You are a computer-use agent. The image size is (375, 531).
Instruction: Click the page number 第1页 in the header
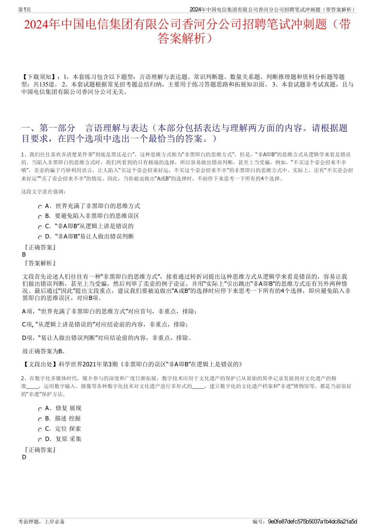point(24,9)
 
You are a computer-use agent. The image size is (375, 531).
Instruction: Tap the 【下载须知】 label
point(38,77)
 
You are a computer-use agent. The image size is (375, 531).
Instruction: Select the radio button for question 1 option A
point(40,207)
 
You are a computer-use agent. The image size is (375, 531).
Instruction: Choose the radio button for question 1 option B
point(40,217)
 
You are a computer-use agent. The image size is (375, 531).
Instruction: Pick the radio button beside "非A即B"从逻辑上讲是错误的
point(40,227)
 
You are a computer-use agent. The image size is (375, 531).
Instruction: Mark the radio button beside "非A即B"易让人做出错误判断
point(40,237)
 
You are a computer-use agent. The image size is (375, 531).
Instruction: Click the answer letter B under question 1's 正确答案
point(24,255)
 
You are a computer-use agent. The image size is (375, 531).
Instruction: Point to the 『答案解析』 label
point(40,263)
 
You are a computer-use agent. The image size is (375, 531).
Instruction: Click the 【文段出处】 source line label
point(40,364)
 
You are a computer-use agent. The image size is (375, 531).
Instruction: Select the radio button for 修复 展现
point(40,409)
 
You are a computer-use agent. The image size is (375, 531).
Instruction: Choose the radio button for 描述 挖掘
point(40,419)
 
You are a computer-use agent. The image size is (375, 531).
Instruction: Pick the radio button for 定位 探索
point(40,430)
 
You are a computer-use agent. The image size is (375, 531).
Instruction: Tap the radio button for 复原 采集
point(40,440)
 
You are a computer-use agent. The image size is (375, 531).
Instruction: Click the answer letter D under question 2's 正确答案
point(24,457)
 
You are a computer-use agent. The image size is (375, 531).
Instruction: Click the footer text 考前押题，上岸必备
point(41,522)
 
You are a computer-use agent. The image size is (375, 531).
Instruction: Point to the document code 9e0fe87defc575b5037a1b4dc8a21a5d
point(312,522)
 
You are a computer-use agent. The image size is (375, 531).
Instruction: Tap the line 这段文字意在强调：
point(44,192)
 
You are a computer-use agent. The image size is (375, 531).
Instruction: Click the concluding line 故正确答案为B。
point(44,351)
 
